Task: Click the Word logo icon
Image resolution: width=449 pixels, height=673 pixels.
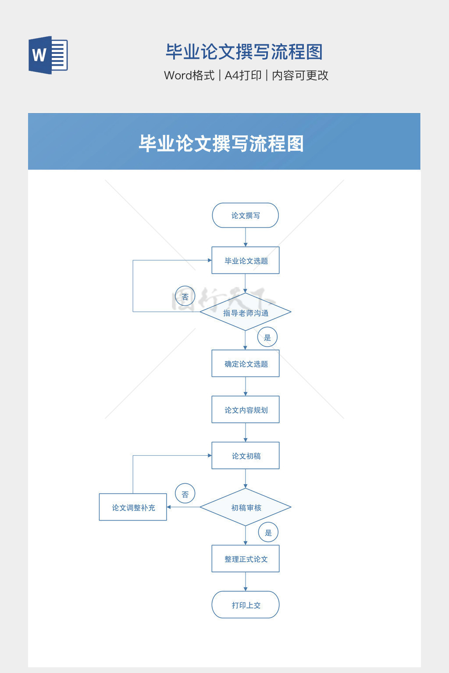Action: (48, 55)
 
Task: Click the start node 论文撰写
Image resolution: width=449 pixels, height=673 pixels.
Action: (246, 216)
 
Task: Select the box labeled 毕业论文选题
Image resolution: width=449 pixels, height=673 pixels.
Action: (246, 261)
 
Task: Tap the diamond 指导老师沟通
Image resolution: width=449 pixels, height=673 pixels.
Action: (246, 312)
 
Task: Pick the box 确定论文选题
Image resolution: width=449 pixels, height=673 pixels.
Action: (246, 364)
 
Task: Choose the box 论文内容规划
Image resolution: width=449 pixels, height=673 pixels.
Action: (246, 410)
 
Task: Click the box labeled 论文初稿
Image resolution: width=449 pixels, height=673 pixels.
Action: (246, 456)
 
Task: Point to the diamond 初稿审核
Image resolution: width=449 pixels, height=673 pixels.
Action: (246, 507)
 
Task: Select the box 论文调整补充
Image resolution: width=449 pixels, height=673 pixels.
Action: (133, 507)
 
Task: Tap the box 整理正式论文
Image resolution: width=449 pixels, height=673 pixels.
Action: (246, 559)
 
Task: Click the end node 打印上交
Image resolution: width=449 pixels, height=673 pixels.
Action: (246, 605)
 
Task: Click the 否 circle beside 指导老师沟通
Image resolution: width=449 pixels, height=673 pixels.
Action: (185, 297)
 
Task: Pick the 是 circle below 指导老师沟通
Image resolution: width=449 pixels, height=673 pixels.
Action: (267, 337)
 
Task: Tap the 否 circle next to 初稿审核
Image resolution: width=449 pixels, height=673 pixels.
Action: (185, 494)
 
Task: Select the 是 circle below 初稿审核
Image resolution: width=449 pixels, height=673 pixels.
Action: (268, 532)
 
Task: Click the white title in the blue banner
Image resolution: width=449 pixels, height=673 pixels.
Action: (221, 144)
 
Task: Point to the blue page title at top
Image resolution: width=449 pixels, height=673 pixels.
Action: (244, 52)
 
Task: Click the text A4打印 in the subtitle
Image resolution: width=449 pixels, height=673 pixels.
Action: (243, 75)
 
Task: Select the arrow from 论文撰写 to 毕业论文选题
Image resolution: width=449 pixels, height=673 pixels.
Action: (246, 237)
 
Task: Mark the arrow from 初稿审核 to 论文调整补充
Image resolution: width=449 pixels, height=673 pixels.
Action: (183, 507)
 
